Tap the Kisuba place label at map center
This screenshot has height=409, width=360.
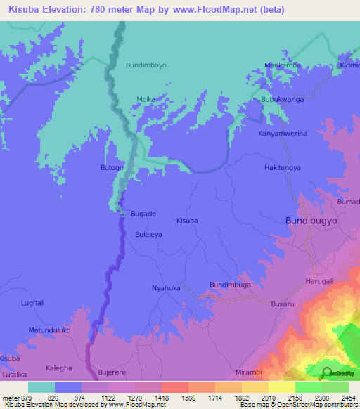click(187, 221)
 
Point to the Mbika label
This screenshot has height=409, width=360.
click(146, 99)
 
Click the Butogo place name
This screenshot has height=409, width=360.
click(112, 168)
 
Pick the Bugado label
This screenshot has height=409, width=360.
click(143, 213)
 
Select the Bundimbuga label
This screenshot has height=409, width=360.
click(230, 284)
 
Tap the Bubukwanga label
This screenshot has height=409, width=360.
click(281, 100)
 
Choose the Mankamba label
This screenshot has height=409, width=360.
click(283, 65)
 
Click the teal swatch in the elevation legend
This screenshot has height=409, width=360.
click(41, 387)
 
